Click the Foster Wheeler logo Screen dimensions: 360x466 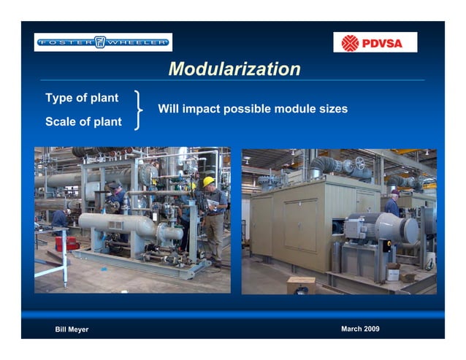[103, 42]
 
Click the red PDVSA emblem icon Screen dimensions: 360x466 [351, 43]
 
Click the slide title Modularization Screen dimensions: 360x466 [234, 69]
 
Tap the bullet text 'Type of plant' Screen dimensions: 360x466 [82, 98]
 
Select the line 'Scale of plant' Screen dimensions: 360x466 [83, 121]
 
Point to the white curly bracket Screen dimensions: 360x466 [138, 110]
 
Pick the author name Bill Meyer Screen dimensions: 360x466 [72, 329]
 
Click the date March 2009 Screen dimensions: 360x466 [360, 329]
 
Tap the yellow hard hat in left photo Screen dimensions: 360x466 [208, 181]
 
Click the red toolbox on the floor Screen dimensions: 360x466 [66, 242]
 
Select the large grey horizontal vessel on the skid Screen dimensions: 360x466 [117, 223]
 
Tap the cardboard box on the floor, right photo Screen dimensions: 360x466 [301, 284]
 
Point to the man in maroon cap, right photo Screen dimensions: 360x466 [393, 204]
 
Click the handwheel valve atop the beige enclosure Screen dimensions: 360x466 [359, 163]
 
